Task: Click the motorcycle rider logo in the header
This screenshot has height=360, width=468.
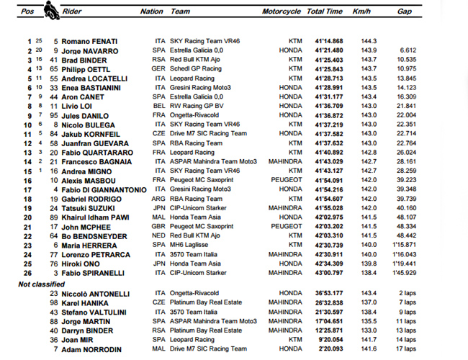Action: point(51,10)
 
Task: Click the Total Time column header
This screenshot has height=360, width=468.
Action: point(324,12)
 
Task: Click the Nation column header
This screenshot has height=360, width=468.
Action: point(152,12)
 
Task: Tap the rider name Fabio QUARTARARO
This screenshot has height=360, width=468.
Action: point(96,153)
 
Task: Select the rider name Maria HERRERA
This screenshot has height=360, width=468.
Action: point(86,246)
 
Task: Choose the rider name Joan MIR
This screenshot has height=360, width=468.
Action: point(76,339)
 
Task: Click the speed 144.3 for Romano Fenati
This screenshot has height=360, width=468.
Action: point(370,41)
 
